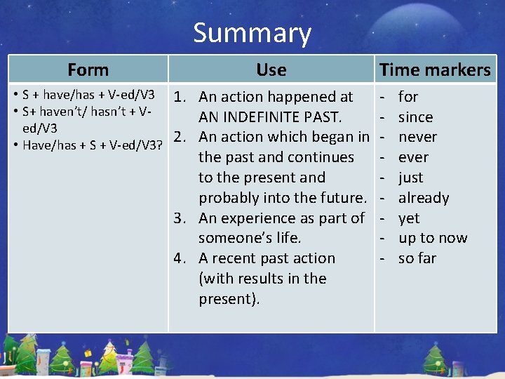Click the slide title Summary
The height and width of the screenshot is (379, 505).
[x=252, y=34]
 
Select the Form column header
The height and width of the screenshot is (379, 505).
[x=88, y=70]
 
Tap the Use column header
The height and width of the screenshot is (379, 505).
[x=271, y=70]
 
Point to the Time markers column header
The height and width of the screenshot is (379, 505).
[x=435, y=70]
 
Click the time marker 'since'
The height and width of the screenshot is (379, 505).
[x=415, y=117]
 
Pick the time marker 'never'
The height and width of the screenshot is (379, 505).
[x=417, y=137]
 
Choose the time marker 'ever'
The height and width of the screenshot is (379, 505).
[x=413, y=157]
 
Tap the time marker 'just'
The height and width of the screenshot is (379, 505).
[x=410, y=178]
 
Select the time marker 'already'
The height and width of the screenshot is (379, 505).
[x=424, y=198]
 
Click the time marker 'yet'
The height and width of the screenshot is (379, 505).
[x=409, y=218]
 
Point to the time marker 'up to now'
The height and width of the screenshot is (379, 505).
[x=432, y=238]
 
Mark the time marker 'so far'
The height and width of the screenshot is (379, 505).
[x=417, y=258]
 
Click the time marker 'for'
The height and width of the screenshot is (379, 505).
[x=408, y=97]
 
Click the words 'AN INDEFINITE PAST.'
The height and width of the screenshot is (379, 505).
[x=270, y=117]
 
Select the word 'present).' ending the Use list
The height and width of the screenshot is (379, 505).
[x=229, y=299]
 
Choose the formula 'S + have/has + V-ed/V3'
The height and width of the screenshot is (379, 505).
[x=88, y=95]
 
